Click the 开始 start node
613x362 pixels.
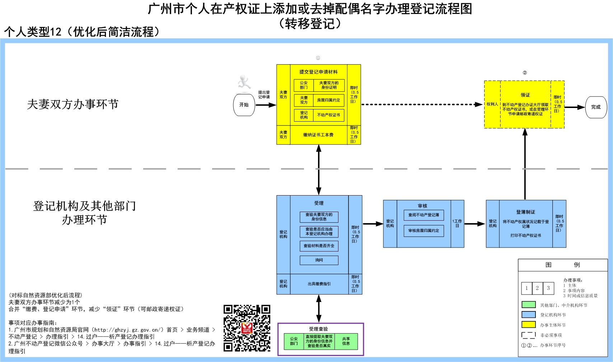pos(244,105)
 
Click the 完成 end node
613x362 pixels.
pos(596,107)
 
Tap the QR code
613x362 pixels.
pos(247,328)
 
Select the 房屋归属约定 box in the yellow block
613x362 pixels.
pos(328,100)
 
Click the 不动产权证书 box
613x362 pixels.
pos(328,115)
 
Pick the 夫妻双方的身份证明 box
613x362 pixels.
pos(329,85)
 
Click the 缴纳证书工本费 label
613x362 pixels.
pos(318,135)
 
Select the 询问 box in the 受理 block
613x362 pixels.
pos(319,260)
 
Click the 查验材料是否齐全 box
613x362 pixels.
pos(319,246)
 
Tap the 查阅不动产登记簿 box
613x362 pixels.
pos(424,215)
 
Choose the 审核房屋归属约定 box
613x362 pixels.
pos(424,231)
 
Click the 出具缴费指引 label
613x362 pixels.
pos(319,284)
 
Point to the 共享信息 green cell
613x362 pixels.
pos(346,341)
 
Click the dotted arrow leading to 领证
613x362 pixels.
pos(422,104)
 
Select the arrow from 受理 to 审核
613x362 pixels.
pos(373,224)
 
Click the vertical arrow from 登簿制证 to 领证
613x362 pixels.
pos(525,163)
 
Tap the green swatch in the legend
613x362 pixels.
pos(528,305)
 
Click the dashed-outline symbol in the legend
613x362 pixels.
pos(528,335)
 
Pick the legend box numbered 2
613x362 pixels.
pos(537,288)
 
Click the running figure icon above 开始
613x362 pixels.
pos(244,82)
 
